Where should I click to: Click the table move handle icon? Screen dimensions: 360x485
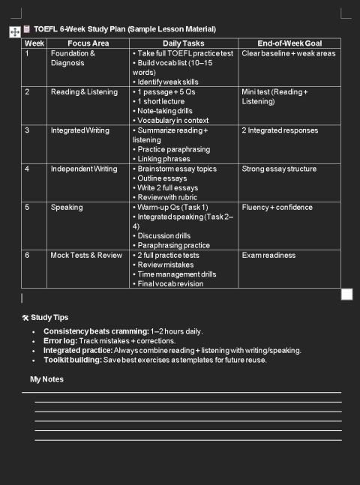coord(14,31)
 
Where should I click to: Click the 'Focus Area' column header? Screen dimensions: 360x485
coord(88,43)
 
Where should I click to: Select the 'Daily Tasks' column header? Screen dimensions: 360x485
coord(183,43)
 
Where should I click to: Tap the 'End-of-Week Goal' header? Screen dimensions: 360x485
coord(289,43)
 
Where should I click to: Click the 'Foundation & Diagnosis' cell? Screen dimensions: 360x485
coord(73,58)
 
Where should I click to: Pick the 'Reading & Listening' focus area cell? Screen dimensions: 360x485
coord(84,92)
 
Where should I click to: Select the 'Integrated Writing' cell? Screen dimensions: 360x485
coord(83,130)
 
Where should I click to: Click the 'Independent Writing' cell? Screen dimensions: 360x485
coord(84,169)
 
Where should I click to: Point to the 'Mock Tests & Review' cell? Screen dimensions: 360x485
coord(86,255)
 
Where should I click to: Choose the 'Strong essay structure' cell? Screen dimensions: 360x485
coord(279,169)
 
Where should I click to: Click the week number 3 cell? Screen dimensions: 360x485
coord(27,130)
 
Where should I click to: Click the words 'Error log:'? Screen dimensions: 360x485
coord(60,340)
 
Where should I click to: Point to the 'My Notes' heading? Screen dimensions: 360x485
coord(46,379)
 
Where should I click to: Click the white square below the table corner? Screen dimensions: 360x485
coord(346,295)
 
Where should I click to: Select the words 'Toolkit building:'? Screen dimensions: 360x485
coord(72,360)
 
